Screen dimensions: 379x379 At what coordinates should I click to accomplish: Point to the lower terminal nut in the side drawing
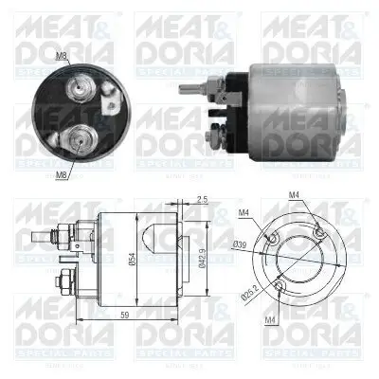click(x=63, y=280)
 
